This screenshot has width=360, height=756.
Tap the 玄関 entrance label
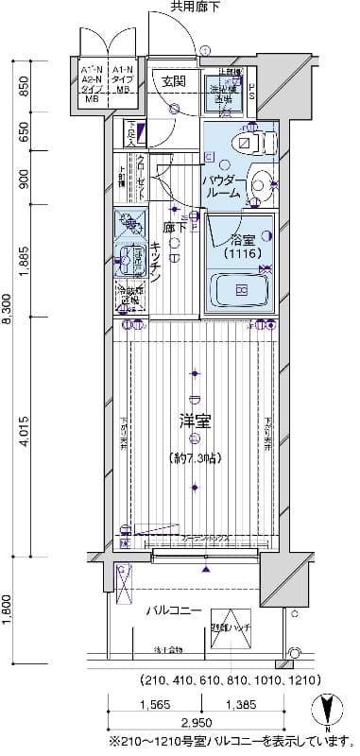point(173,81)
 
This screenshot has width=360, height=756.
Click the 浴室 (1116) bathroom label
point(243,247)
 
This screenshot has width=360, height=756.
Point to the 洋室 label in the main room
point(195,421)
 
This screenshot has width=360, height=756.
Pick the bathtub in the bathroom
point(242,288)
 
